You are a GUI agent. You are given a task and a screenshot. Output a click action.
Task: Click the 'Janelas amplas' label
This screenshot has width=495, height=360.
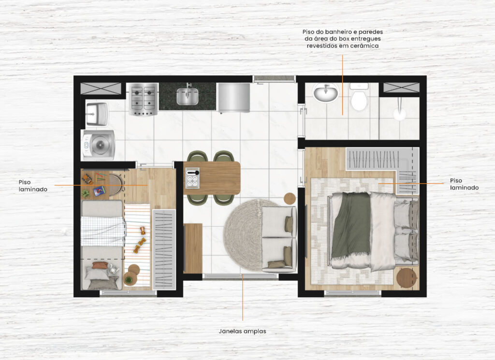click(x=243, y=331)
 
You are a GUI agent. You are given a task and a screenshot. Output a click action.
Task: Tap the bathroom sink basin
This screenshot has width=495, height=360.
click(x=325, y=93)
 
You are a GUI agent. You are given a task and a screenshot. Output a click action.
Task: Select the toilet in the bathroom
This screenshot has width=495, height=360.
click(x=359, y=97)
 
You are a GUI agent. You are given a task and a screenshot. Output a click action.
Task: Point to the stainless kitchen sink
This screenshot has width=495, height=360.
click(x=188, y=96)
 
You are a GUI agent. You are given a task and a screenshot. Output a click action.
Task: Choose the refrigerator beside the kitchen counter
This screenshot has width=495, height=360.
click(x=234, y=98)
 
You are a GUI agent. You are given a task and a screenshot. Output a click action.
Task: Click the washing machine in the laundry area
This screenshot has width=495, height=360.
click(x=99, y=145)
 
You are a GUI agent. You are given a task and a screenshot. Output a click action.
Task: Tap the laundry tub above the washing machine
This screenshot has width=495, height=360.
click(x=97, y=114)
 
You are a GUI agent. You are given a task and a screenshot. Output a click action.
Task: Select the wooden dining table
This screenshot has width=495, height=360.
click(x=212, y=178)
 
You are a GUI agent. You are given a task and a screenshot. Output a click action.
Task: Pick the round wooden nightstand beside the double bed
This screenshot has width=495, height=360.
click(x=407, y=278)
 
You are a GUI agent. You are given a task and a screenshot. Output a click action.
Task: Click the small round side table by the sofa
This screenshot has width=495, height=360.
click(x=290, y=198)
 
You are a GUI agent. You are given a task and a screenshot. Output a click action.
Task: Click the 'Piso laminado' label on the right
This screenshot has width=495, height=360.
click(x=464, y=184)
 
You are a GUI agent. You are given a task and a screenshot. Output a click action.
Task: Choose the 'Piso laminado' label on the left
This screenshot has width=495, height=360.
click(x=33, y=186)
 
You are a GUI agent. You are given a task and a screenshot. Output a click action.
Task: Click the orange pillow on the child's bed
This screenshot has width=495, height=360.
click(x=100, y=265)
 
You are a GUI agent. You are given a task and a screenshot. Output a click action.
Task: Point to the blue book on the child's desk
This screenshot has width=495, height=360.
click(x=99, y=190)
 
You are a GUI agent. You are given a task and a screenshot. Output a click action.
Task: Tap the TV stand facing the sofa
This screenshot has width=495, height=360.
click(x=192, y=248)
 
